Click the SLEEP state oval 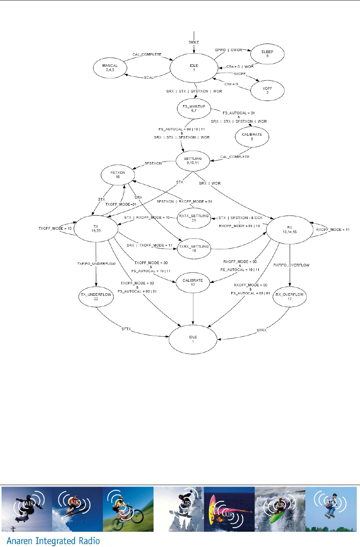(267, 54)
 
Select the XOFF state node (267, 91)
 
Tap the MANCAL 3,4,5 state (110, 68)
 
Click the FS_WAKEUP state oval (194, 109)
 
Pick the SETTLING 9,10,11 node (193, 161)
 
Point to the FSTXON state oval (118, 175)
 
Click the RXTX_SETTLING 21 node (194, 218)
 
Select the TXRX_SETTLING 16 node (194, 248)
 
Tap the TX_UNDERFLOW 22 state (96, 297)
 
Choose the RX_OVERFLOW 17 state (289, 297)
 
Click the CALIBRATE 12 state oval (193, 282)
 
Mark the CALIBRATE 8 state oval (252, 137)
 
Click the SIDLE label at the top (194, 42)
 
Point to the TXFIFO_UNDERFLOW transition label (96, 264)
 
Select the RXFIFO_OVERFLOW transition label (291, 265)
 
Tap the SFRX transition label (261, 330)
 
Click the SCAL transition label (149, 78)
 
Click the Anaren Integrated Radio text (53, 541)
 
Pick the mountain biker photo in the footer (128, 509)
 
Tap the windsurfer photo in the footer (229, 509)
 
